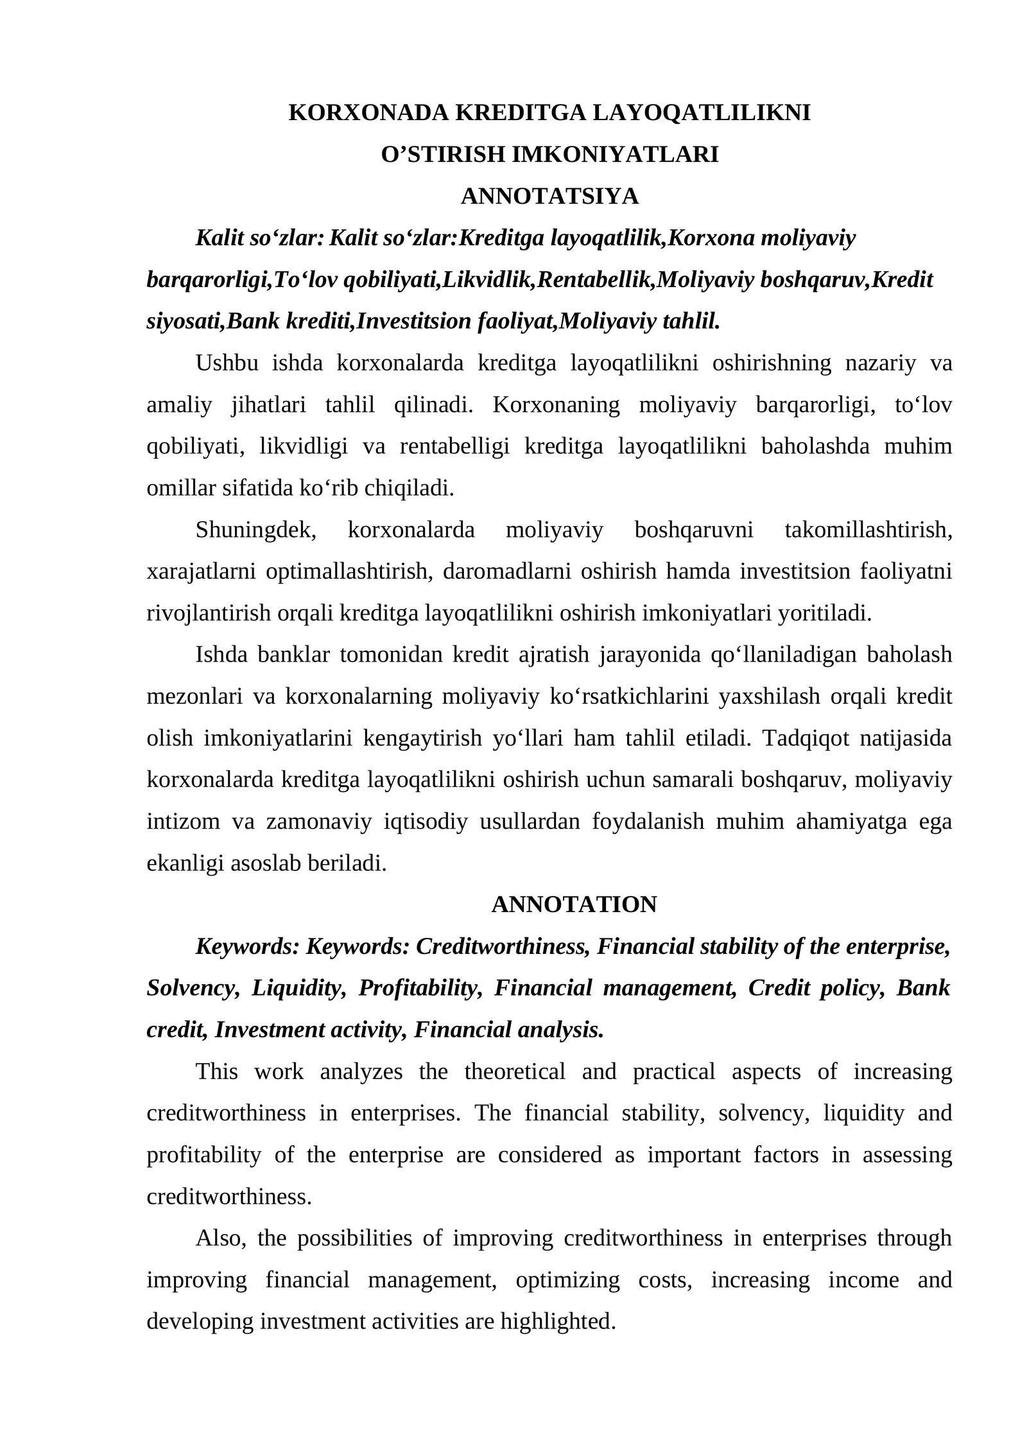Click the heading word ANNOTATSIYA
pyautogui.click(x=549, y=197)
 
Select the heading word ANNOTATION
pyautogui.click(x=574, y=904)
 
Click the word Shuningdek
pyautogui.click(x=255, y=530)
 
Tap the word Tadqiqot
pyautogui.click(x=806, y=738)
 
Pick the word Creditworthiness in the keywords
pyautogui.click(x=503, y=946)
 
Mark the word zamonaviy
pyautogui.click(x=319, y=822)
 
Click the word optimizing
pyautogui.click(x=567, y=1280)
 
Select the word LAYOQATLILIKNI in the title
pyautogui.click(x=701, y=113)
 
